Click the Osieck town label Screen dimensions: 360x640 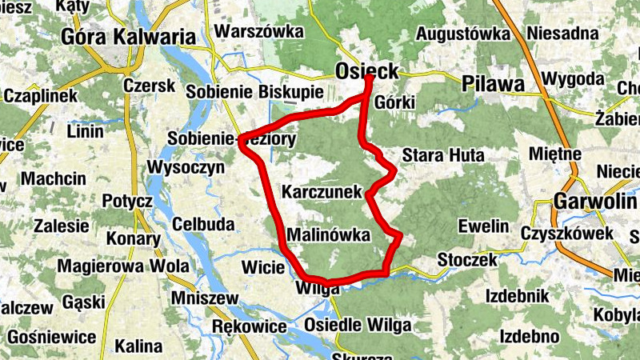pos(366,71)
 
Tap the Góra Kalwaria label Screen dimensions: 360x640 pos(128,37)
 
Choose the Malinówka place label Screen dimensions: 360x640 pos(328,236)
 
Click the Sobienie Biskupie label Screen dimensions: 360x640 pos(254,92)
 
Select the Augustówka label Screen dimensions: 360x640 pos(463,34)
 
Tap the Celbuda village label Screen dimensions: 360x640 pos(203,223)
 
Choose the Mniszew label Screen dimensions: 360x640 pos(205,298)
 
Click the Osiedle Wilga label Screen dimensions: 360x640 pos(358,326)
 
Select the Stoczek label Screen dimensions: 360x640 pos(468,261)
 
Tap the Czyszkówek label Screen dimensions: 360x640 pos(566,233)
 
